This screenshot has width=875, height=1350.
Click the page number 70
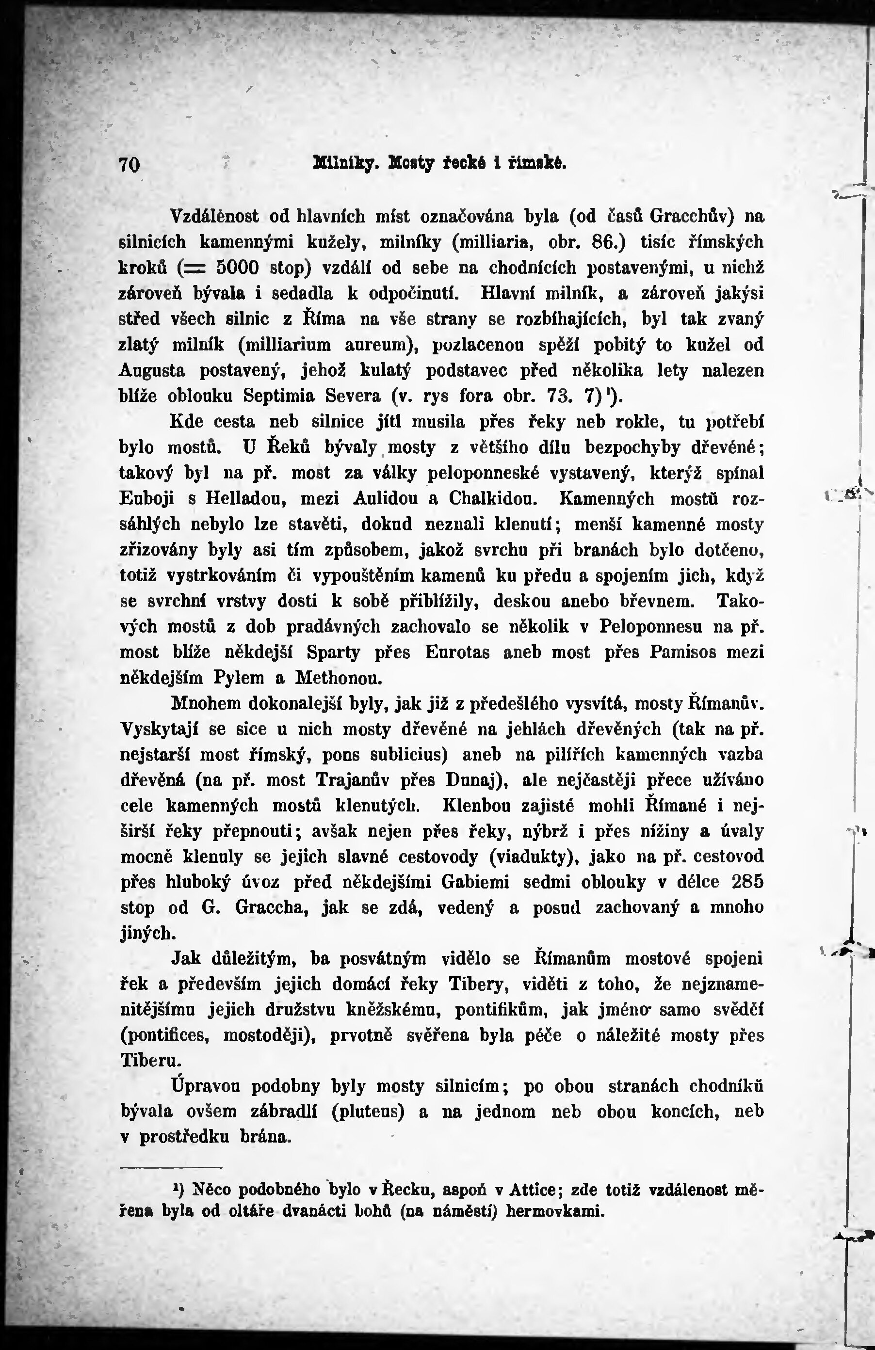(x=130, y=164)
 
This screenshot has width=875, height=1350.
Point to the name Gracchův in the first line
(x=692, y=216)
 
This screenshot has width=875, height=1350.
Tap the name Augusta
(x=152, y=370)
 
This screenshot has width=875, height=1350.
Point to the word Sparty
(x=333, y=652)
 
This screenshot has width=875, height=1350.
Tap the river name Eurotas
(x=457, y=652)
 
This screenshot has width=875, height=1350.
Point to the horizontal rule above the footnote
(x=170, y=1167)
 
